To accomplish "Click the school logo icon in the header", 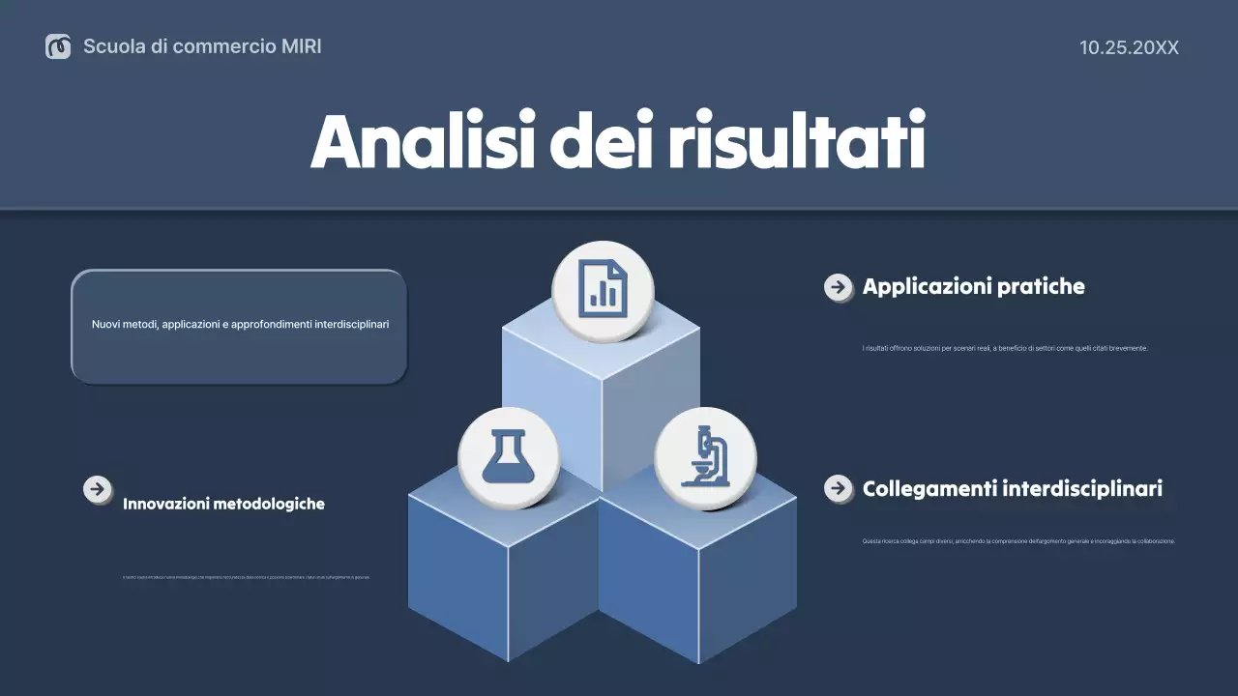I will (x=58, y=46).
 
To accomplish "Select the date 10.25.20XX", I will (x=1129, y=47).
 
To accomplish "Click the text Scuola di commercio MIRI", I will (x=202, y=46).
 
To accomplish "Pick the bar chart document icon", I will (x=603, y=291).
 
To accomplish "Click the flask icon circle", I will (x=508, y=457).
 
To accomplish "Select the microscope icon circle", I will (x=705, y=457).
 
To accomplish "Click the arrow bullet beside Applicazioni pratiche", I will (x=838, y=287).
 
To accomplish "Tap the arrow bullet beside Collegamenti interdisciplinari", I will (x=838, y=488).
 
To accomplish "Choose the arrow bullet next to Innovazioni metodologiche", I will (x=97, y=489).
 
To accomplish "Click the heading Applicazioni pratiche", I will (x=973, y=286).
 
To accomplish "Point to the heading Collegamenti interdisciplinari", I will (x=1012, y=488).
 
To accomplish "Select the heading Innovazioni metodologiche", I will (x=223, y=504).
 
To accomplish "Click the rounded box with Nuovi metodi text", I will (x=239, y=326).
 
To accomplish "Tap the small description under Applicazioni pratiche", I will (x=1004, y=348).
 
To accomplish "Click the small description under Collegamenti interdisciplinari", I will (x=1017, y=541).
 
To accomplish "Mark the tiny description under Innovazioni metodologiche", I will (x=246, y=577).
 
